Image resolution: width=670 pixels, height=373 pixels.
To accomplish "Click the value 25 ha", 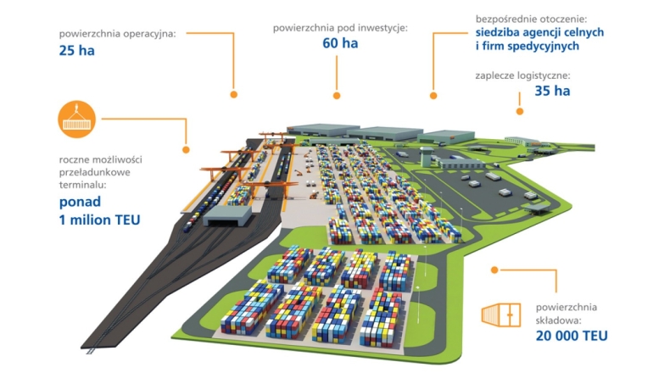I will (76, 50).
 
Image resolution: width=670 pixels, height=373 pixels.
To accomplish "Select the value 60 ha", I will (339, 44).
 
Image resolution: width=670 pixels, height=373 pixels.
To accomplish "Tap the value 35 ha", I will (552, 91).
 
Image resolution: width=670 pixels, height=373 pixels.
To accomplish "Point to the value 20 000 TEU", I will (572, 336).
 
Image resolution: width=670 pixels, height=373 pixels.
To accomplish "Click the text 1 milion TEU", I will (100, 220).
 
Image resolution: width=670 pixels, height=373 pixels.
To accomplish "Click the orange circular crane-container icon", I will (77, 117).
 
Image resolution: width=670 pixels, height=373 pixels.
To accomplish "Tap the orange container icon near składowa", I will (500, 315).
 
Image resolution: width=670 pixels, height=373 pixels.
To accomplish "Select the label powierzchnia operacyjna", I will (117, 34).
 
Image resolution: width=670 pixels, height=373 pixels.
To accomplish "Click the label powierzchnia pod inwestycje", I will (340, 28).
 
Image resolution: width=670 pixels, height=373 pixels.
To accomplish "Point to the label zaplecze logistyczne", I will (522, 75).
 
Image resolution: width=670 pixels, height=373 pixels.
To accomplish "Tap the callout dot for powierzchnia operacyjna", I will (233, 94).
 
